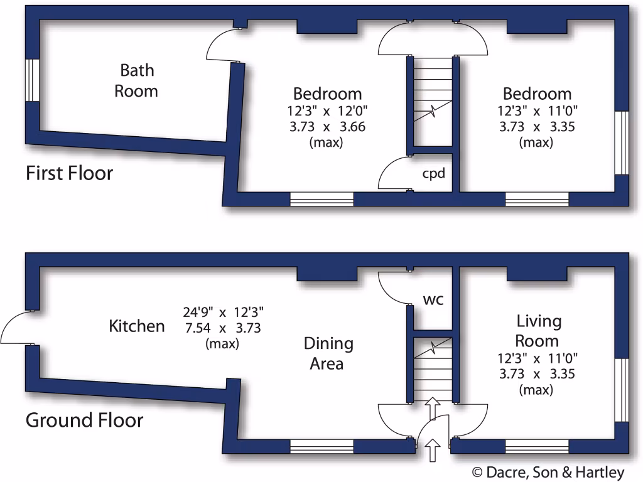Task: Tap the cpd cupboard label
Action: [x=433, y=173]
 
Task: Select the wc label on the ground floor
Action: [x=433, y=299]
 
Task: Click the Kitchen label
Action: [x=137, y=326]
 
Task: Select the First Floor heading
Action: [x=69, y=173]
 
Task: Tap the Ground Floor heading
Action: [x=84, y=420]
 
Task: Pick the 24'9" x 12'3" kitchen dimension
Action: [x=223, y=312]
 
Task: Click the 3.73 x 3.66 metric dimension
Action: [x=327, y=127]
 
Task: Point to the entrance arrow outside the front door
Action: [x=433, y=451]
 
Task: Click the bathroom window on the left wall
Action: [x=31, y=80]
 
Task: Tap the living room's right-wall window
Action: [x=621, y=389]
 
